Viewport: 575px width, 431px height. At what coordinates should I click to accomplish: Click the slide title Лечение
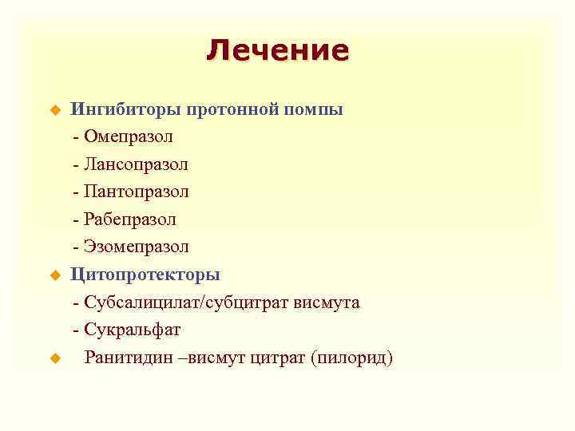[x=277, y=50]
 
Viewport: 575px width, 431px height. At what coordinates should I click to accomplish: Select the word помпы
[x=313, y=109]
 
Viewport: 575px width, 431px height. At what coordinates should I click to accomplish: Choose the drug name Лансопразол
[x=136, y=164]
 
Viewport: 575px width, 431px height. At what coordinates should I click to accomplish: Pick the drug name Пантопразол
[x=136, y=192]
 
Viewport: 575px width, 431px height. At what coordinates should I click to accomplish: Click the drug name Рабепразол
[x=129, y=219]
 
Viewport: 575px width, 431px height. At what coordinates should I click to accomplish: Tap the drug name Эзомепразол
[x=136, y=247]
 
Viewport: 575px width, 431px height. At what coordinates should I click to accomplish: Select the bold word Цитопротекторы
[x=145, y=275]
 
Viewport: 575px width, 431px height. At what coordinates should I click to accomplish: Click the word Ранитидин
[x=128, y=357]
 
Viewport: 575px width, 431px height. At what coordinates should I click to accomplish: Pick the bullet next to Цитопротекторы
[x=56, y=275]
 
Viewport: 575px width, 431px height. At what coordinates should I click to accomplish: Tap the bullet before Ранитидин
[x=56, y=358]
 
